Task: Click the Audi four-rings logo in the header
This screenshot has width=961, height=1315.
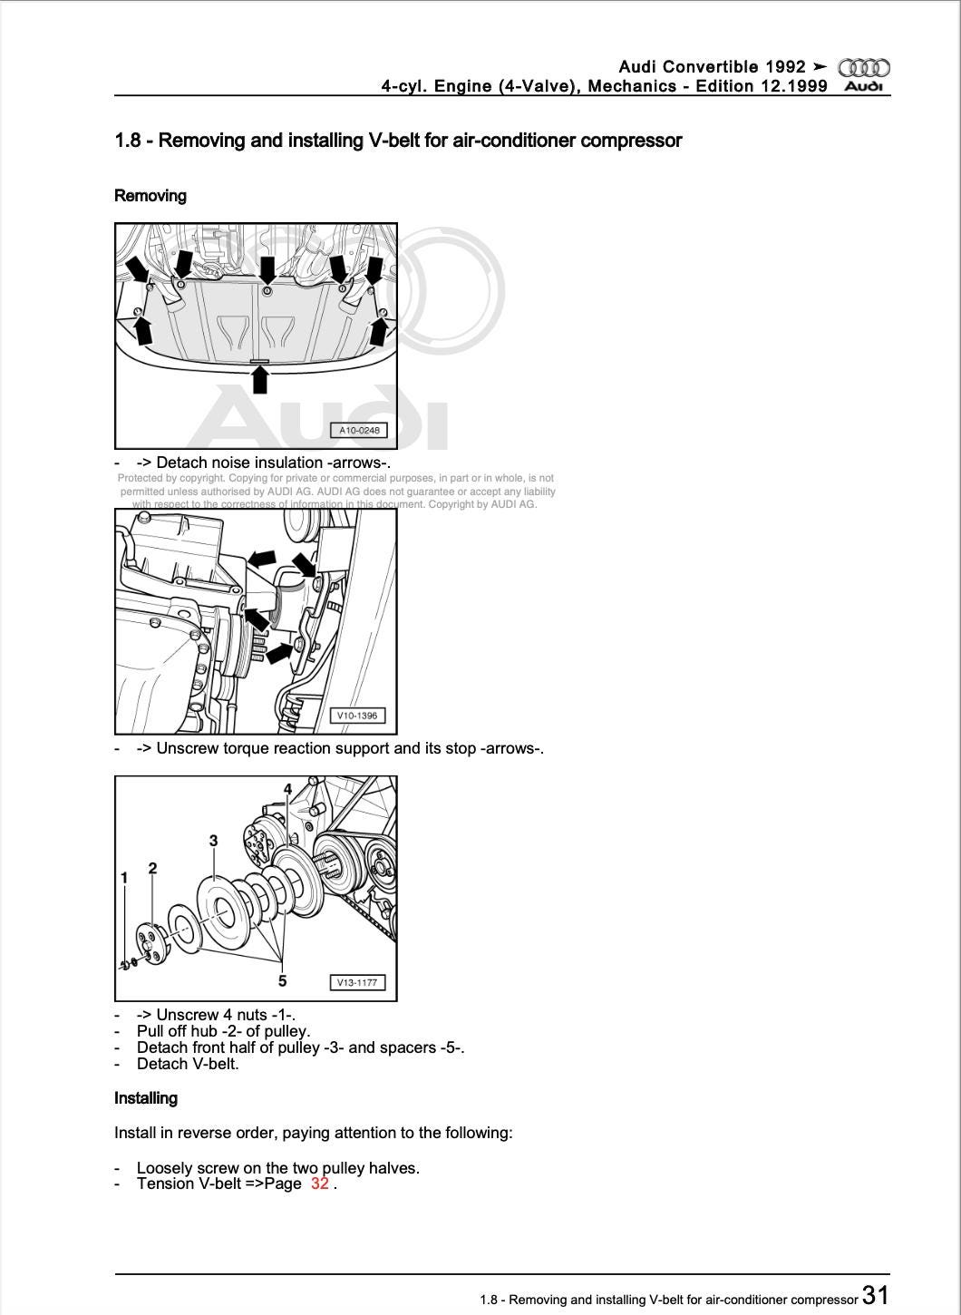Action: click(863, 67)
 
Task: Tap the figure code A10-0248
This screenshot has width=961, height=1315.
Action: click(359, 430)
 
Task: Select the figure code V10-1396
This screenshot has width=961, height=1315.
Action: click(356, 716)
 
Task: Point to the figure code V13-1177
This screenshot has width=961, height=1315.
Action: click(356, 982)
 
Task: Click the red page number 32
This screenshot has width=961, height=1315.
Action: click(320, 1183)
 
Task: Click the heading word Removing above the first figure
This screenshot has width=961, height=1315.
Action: click(150, 196)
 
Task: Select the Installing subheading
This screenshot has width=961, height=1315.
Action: click(145, 1097)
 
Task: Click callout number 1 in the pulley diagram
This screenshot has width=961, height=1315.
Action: click(124, 877)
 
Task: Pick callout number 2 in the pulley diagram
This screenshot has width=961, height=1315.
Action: click(152, 868)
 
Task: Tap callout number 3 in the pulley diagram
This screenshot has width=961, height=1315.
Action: click(214, 841)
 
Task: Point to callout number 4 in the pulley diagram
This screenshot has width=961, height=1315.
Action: click(287, 789)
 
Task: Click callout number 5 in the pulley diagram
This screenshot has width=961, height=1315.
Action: click(282, 980)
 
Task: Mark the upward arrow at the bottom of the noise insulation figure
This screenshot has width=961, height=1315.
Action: click(259, 379)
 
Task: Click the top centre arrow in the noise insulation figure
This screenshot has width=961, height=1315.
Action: click(267, 269)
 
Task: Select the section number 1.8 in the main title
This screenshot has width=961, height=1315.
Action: click(128, 141)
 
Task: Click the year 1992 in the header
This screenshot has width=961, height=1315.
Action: click(786, 66)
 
